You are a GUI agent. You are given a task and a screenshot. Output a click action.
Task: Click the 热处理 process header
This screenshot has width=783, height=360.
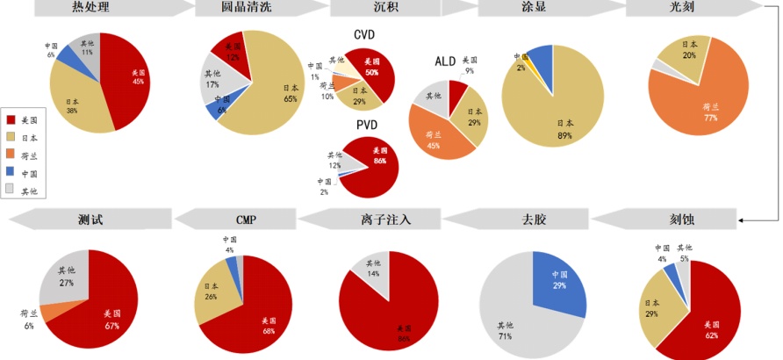pos(90,8)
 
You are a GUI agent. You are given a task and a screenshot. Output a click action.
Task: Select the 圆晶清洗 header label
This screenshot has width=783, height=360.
pos(245,8)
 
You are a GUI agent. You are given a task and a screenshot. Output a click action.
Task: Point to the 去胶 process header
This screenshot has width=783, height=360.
pos(533,219)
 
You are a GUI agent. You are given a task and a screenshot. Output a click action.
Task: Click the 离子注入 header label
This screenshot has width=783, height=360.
pos(386,219)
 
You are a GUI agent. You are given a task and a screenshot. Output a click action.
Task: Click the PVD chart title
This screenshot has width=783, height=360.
pos(366,126)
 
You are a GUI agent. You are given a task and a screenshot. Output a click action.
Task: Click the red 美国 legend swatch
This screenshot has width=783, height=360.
pos(11,119)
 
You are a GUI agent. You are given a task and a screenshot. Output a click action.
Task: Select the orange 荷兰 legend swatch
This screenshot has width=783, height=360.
pos(11,155)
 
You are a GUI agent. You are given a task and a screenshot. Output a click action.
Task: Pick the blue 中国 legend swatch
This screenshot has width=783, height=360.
pos(11,173)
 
